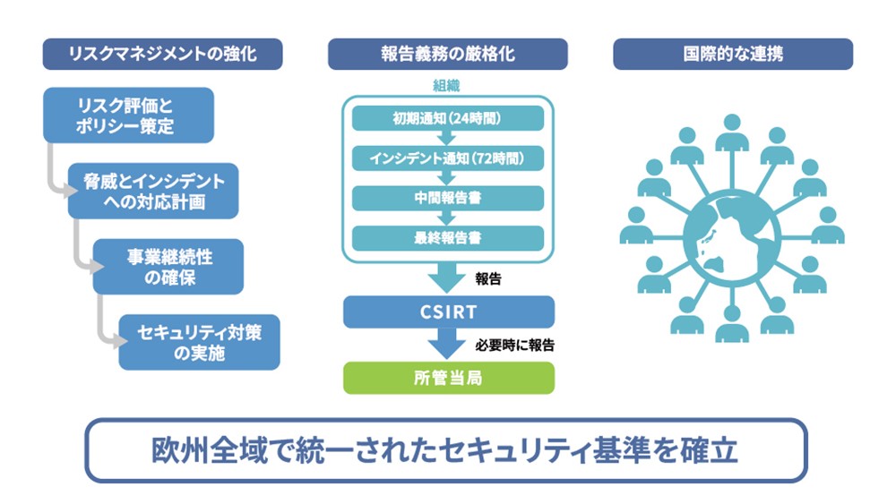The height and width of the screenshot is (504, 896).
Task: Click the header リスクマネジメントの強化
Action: pos(162,55)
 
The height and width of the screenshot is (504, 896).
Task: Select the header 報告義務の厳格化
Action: pos(448,55)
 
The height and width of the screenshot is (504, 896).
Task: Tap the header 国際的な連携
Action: pos(732,55)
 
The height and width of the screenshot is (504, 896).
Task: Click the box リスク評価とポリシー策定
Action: pos(129,115)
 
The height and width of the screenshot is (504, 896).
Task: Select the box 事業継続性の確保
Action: pos(168,267)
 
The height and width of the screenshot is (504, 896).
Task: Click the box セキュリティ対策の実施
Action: pos(199,342)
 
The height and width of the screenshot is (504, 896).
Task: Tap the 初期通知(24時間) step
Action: pos(448,118)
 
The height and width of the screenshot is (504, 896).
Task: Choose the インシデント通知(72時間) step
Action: pos(448,158)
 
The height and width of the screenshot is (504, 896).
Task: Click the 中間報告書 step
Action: pos(448,198)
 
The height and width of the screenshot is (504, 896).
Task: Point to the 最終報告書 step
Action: pos(448,238)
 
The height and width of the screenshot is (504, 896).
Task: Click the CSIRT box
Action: pos(448,312)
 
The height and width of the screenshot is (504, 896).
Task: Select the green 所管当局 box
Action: pos(448,378)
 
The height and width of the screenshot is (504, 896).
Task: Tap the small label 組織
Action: pos(447,87)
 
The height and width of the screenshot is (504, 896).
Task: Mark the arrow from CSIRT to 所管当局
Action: pos(448,343)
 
